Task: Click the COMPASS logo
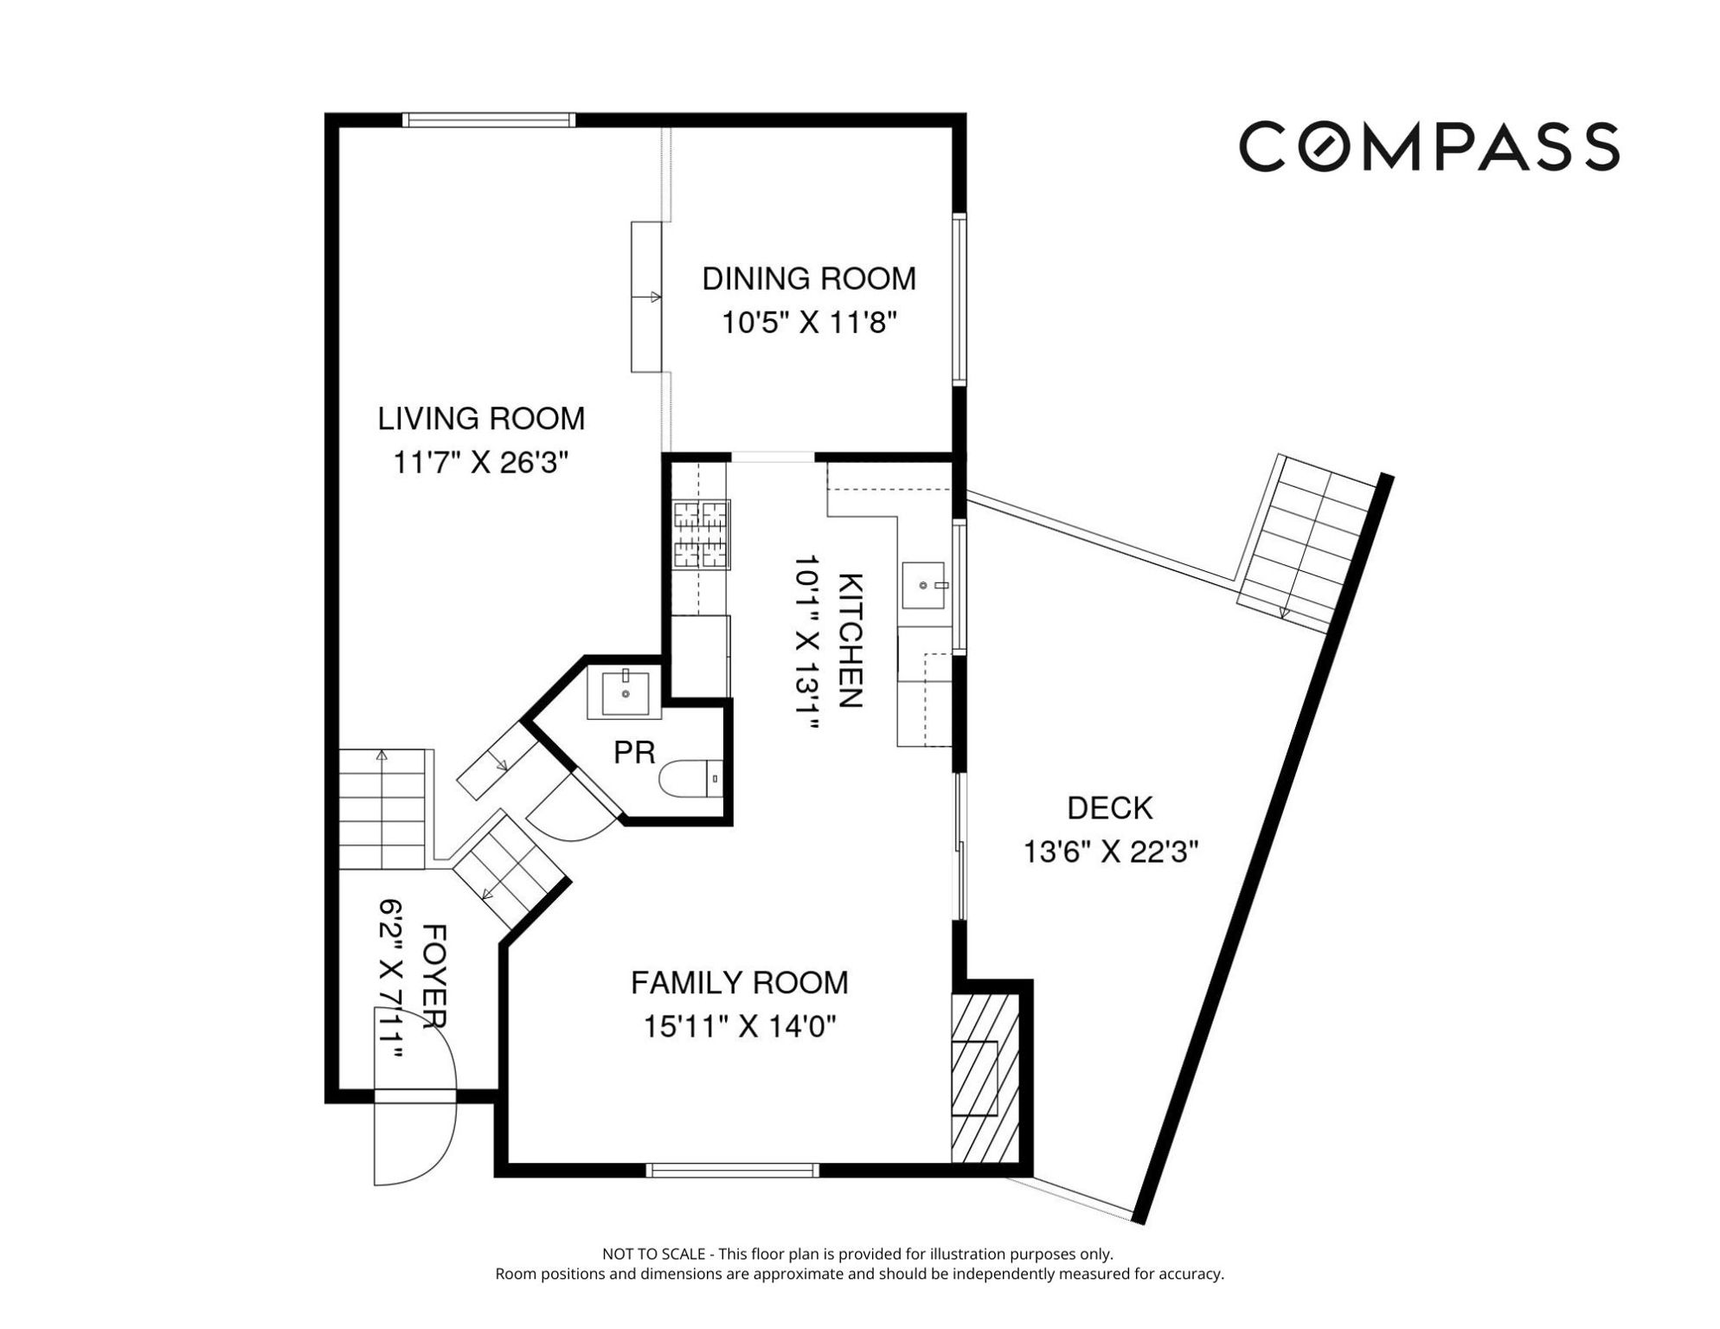[x=1428, y=146]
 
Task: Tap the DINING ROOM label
[x=808, y=279]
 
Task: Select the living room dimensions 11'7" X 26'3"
[x=481, y=463]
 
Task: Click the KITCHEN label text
[x=851, y=639]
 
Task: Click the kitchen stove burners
[x=701, y=534]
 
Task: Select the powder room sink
[x=625, y=692]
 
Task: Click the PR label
[x=634, y=753]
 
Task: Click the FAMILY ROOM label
[x=739, y=983]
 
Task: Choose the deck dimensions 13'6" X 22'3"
[x=1110, y=852]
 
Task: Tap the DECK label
[x=1110, y=808]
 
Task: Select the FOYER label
[x=433, y=977]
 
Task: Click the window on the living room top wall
[x=489, y=120]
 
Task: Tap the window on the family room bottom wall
[x=732, y=1170]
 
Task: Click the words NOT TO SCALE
[x=655, y=1254]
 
